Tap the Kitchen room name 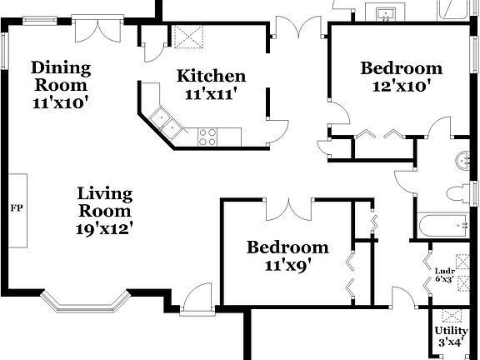pyautogui.click(x=211, y=76)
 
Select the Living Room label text pyautogui.click(x=105, y=202)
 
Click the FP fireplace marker pyautogui.click(x=15, y=207)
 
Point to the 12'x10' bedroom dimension pyautogui.click(x=400, y=85)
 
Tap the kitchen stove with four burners pyautogui.click(x=207, y=136)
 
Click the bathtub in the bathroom pyautogui.click(x=442, y=226)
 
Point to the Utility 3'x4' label pyautogui.click(x=451, y=335)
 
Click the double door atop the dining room pyautogui.click(x=92, y=29)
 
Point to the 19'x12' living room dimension pyautogui.click(x=105, y=226)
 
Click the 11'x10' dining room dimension pyautogui.click(x=61, y=102)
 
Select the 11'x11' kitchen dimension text pyautogui.click(x=211, y=94)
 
